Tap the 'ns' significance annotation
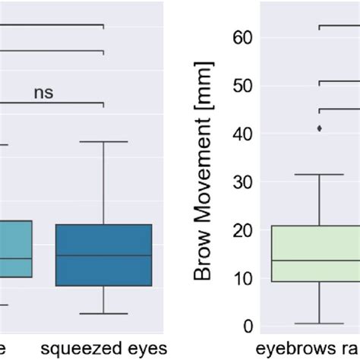coord(43,93)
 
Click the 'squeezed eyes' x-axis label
coord(103,349)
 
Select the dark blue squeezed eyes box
coord(103,254)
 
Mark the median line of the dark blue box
coord(103,255)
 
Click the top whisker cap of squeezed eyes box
coord(103,141)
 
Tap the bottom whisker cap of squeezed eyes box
coord(103,313)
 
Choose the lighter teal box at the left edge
coord(15,248)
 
